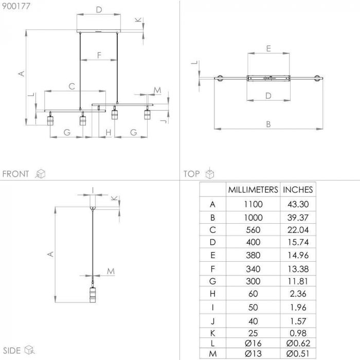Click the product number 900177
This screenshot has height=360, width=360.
click(14, 6)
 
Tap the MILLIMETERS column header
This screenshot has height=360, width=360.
click(253, 189)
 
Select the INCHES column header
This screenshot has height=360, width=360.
click(298, 189)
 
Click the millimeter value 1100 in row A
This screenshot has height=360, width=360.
click(253, 204)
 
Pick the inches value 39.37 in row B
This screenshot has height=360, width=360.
click(298, 217)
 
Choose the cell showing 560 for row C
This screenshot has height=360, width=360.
click(253, 230)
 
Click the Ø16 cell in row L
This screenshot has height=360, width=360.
click(253, 343)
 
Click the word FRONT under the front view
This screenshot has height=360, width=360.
click(16, 174)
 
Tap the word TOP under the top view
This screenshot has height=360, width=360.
click(191, 174)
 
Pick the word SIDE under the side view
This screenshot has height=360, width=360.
click(11, 351)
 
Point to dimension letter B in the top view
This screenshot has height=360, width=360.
click(268, 124)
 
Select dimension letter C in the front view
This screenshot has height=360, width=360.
click(72, 86)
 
